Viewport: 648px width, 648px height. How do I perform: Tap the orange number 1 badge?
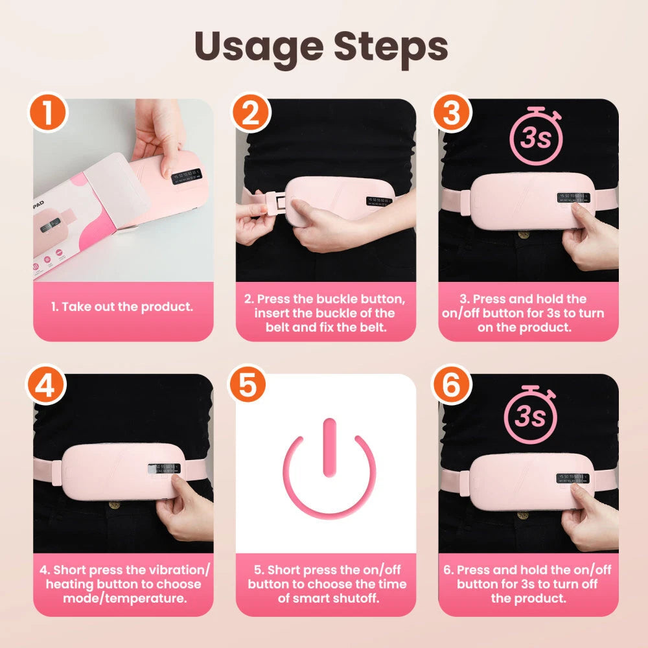coord(47,113)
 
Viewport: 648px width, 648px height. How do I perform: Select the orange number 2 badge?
coord(249,113)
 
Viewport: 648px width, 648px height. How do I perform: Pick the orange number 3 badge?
coord(452,113)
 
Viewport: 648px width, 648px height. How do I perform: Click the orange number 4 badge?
coord(47,387)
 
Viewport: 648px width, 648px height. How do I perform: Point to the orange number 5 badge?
coord(249,387)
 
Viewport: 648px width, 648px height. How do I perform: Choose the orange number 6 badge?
coord(452,387)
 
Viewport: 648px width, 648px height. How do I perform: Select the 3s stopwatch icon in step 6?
coord(531,414)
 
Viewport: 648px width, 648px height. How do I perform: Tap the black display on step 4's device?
coord(163,469)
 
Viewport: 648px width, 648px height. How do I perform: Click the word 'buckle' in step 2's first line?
coord(340,299)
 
